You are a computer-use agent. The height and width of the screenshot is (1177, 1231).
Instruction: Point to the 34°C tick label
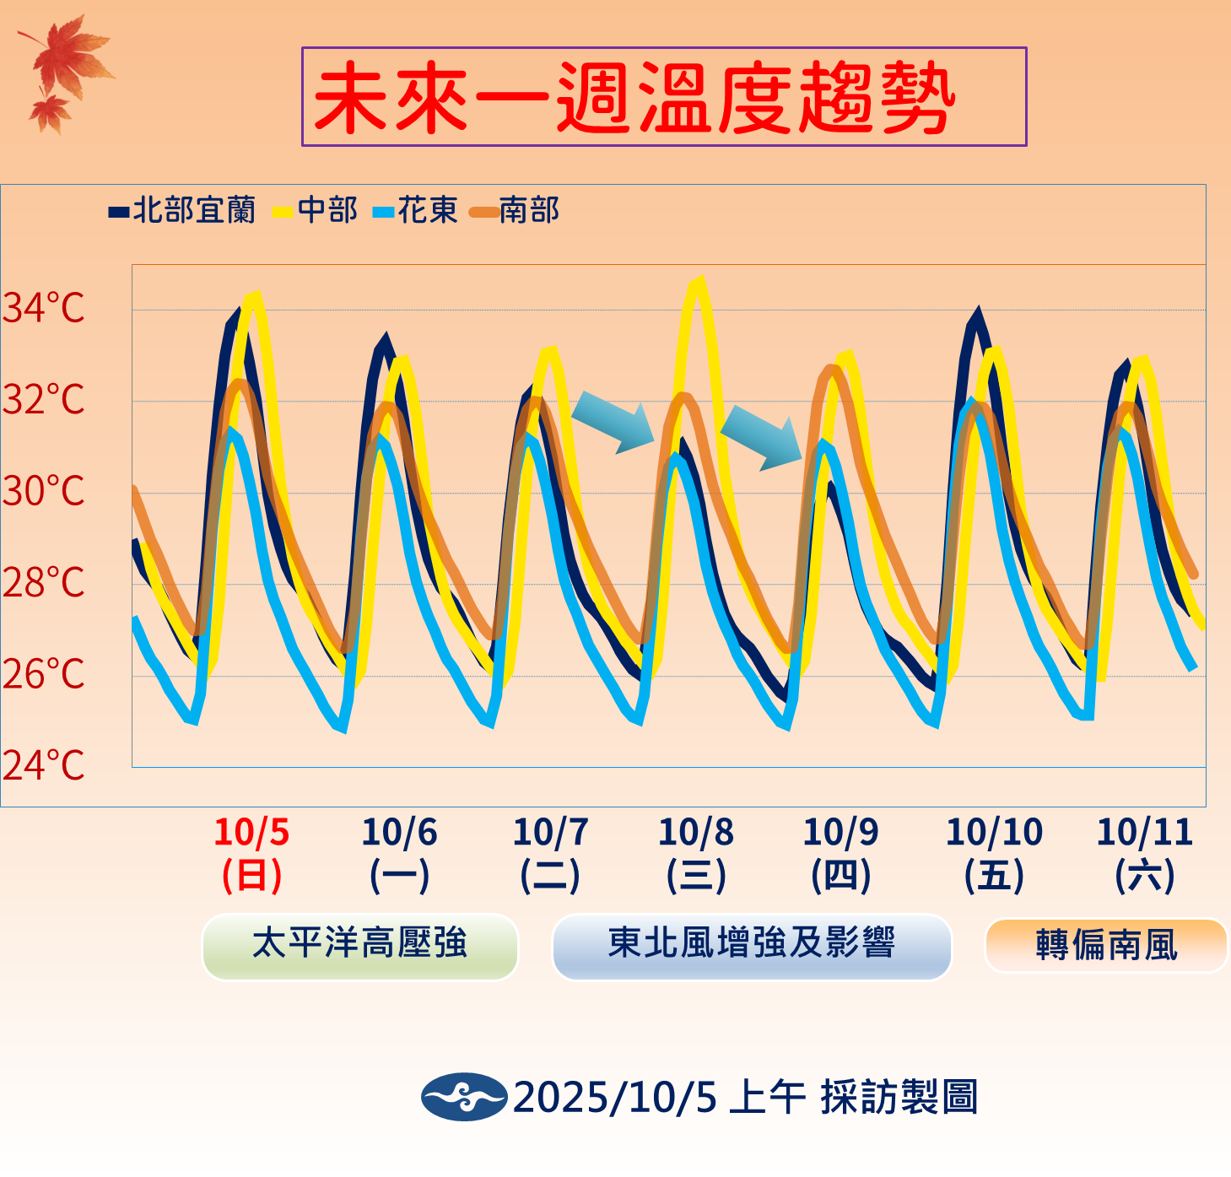click(x=44, y=308)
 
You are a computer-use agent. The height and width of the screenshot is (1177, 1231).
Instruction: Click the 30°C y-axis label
click(x=44, y=491)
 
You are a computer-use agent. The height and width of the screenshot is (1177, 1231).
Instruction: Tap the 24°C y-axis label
click(x=44, y=766)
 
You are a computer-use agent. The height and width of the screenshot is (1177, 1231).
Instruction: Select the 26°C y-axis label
click(x=44, y=674)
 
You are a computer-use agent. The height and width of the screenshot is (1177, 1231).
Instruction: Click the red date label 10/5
click(x=251, y=833)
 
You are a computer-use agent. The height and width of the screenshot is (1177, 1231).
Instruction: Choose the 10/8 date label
click(x=696, y=833)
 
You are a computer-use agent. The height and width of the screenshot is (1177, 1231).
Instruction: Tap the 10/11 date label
click(x=1145, y=833)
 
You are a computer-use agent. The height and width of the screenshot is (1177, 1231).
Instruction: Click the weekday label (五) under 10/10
click(x=994, y=875)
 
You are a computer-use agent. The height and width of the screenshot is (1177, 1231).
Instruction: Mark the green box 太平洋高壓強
click(x=359, y=945)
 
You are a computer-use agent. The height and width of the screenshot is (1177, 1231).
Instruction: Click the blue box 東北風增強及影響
click(x=751, y=945)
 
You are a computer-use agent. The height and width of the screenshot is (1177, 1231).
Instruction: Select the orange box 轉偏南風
click(x=1106, y=945)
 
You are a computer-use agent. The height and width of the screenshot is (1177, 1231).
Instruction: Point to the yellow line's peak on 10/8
click(x=697, y=282)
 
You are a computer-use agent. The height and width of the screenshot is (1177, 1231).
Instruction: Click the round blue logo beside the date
click(x=464, y=1097)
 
